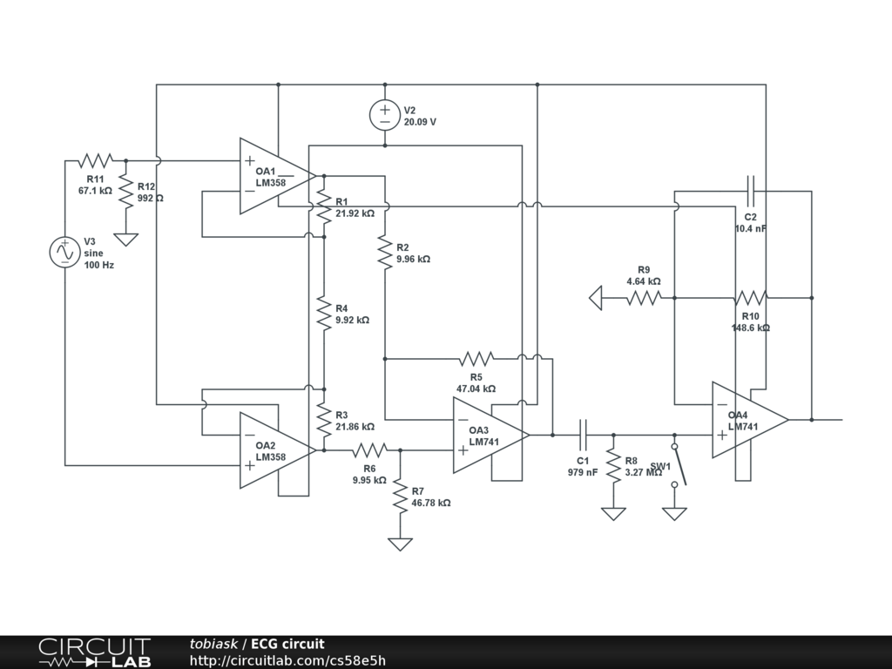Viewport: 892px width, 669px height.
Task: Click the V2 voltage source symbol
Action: coord(385,115)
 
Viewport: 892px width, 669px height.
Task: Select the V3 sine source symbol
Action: coord(64,252)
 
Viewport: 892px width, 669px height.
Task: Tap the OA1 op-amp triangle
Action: coord(278,176)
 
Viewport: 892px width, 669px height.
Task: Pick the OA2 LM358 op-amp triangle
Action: coord(278,450)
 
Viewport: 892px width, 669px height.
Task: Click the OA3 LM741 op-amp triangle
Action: coord(491,436)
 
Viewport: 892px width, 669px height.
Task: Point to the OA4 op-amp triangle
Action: coord(750,420)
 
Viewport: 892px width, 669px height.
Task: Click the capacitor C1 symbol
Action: coord(583,436)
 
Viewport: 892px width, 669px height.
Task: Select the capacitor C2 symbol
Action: coord(750,191)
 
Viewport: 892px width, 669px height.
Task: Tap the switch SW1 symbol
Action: coord(679,465)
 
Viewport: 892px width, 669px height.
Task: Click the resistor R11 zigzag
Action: coord(96,161)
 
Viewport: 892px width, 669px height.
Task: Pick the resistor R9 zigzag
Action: coord(644,298)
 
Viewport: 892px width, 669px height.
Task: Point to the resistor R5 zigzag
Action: coord(476,359)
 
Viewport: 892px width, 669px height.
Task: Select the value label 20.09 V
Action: coord(421,122)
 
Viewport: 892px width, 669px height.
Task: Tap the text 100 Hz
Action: coord(99,265)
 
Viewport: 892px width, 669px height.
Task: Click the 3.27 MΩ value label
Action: coord(644,472)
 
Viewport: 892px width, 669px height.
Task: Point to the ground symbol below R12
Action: coord(125,240)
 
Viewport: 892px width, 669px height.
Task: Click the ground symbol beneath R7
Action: coord(401,544)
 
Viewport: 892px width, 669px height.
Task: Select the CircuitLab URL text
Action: coord(287,660)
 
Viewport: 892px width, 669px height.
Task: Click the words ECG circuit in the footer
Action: coord(287,644)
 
